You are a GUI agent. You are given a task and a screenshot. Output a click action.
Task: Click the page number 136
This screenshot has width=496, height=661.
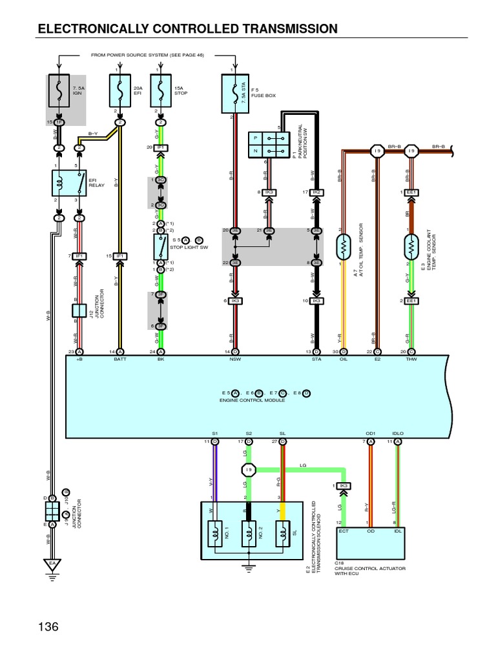tap(48, 627)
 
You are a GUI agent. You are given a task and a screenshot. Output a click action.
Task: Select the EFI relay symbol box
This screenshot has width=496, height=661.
tap(69, 183)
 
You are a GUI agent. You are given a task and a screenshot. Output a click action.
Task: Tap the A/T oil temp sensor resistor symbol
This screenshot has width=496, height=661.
tap(343, 246)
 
